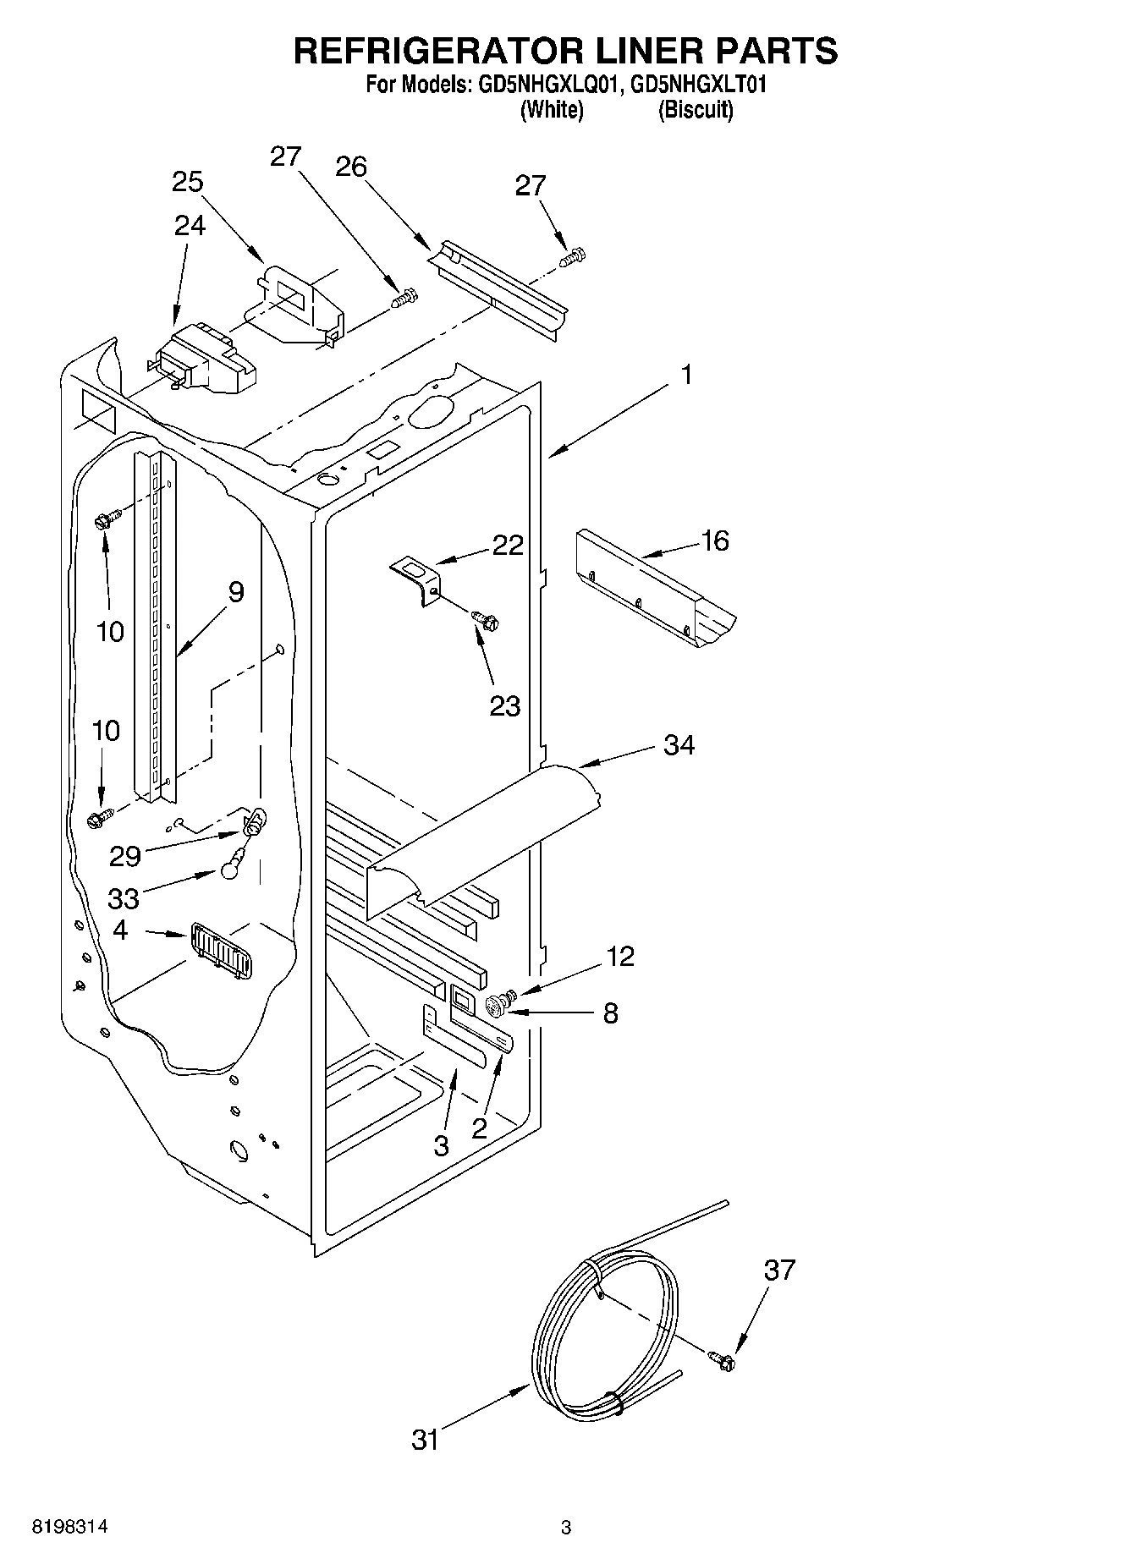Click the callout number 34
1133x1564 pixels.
click(x=679, y=745)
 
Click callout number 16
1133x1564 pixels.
click(x=715, y=541)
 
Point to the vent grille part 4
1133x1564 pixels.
click(x=221, y=951)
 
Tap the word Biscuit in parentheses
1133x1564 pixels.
click(x=696, y=110)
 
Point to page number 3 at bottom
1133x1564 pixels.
click(x=566, y=1528)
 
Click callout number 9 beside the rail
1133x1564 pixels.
click(x=235, y=592)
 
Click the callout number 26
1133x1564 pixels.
click(x=350, y=167)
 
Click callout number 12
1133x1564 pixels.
click(x=619, y=957)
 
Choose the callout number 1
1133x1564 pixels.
click(x=687, y=375)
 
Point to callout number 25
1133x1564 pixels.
click(x=187, y=182)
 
